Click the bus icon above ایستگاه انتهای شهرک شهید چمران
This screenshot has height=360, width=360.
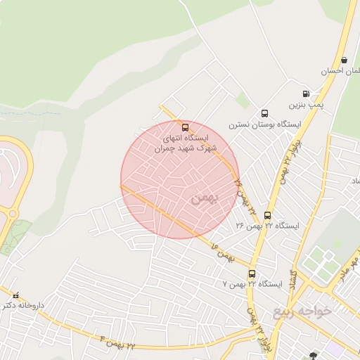point(185,128)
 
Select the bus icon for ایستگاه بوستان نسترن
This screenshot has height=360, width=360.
point(264,113)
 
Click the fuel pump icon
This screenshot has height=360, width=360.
point(306,94)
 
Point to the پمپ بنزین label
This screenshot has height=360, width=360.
point(306,105)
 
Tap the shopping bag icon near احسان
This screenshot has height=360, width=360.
point(343,60)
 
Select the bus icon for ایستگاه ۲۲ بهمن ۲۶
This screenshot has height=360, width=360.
point(267,215)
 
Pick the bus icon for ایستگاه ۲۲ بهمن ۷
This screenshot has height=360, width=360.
point(252,274)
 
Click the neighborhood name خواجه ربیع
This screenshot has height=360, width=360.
point(300,311)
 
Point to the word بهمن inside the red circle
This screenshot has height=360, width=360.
point(203,198)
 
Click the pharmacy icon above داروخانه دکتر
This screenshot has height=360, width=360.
point(15,295)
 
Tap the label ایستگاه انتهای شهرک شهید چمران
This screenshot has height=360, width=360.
point(185,143)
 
